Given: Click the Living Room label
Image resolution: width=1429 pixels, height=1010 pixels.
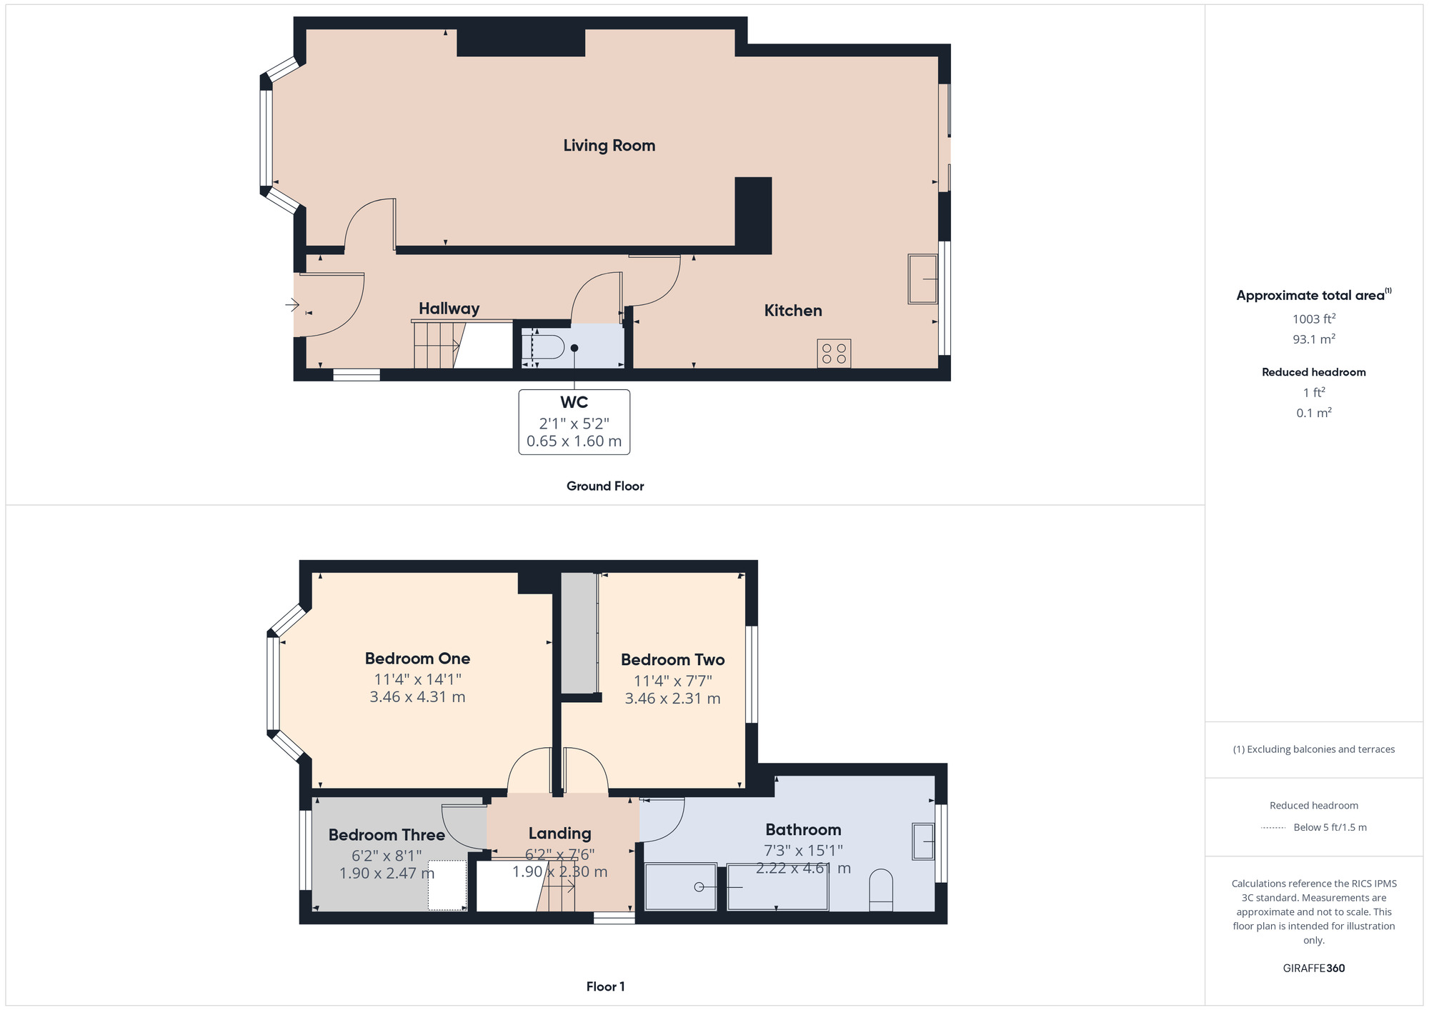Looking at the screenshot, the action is (x=609, y=146).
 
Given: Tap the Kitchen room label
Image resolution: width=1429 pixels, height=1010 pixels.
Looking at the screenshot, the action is (x=793, y=311).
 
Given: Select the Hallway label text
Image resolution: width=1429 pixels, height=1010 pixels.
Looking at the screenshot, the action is (x=449, y=309).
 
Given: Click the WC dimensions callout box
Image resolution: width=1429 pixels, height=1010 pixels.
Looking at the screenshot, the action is (x=574, y=421).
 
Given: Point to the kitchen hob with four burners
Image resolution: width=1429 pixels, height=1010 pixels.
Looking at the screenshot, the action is (x=834, y=354).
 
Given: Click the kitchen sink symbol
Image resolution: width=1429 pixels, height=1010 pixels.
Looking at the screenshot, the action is (x=922, y=279).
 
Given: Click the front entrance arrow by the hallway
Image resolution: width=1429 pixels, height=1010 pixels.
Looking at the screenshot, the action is (x=292, y=306).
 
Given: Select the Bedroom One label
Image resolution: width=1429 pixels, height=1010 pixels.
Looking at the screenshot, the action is (x=417, y=659).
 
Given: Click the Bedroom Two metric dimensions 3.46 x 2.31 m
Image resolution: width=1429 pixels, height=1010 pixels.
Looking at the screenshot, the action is (x=672, y=699).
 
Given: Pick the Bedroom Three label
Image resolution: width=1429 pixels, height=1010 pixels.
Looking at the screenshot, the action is (x=387, y=835).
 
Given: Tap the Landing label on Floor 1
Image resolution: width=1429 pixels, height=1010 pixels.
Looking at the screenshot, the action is (x=559, y=834).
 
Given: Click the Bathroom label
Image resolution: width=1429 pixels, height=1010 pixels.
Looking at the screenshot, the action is (x=803, y=830).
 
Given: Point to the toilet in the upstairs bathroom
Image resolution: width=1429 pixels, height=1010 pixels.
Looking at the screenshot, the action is (x=881, y=890).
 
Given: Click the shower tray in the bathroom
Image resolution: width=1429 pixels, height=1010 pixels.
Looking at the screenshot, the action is (x=680, y=887).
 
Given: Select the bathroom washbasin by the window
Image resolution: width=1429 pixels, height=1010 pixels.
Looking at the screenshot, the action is (x=923, y=841).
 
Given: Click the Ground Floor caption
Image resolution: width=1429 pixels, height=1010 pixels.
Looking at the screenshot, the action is (x=605, y=486).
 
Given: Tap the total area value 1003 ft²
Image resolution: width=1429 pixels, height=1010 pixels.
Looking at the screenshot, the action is (x=1314, y=319).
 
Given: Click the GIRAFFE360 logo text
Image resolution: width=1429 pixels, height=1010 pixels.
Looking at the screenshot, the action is (x=1314, y=969).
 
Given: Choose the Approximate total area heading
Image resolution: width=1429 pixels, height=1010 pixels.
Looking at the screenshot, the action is (x=1314, y=295).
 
